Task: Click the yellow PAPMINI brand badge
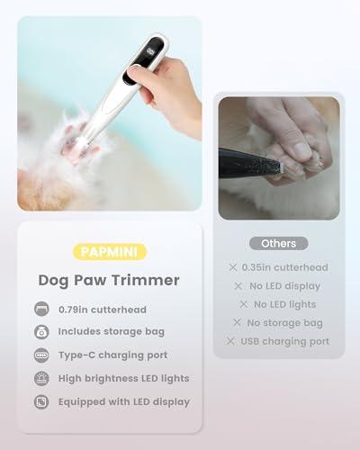point(110,253)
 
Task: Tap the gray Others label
point(278,243)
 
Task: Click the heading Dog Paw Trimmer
point(109,280)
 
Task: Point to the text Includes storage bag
point(111,331)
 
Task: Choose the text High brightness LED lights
point(124,378)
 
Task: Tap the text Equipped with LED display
point(124,401)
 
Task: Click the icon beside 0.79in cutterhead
point(41,309)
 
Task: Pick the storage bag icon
point(41,331)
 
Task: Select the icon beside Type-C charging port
point(41,355)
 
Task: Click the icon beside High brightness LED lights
point(41,378)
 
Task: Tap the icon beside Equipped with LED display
point(41,401)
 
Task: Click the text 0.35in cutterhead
point(284,267)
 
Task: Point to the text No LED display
point(284,286)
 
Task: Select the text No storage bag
point(284,322)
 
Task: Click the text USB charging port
point(284,341)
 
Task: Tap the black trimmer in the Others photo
point(252,166)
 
